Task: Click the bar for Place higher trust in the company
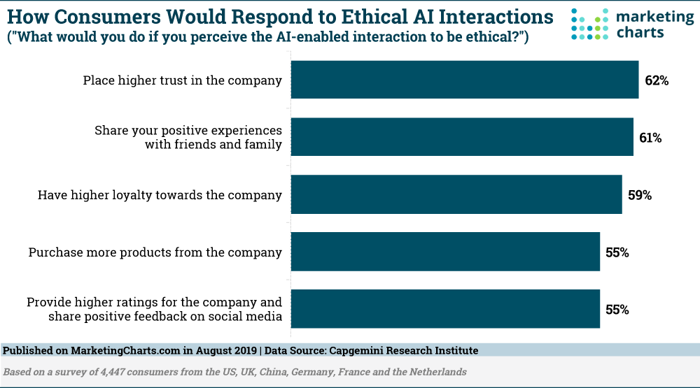click(464, 80)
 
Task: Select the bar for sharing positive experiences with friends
click(462, 137)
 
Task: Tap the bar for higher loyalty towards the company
click(456, 194)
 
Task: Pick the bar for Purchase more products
click(445, 252)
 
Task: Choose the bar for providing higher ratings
click(445, 309)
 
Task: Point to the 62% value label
click(657, 80)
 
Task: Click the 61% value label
click(650, 138)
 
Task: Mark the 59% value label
click(640, 195)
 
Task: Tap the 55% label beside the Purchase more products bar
click(617, 252)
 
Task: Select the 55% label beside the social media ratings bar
click(617, 310)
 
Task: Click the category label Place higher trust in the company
click(182, 80)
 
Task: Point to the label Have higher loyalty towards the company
click(160, 195)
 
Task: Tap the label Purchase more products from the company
click(155, 252)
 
